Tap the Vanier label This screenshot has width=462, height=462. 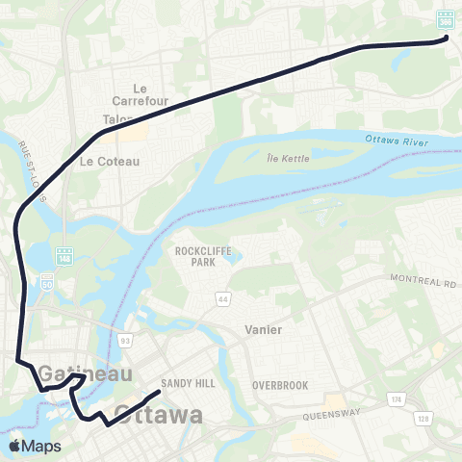click(x=264, y=329)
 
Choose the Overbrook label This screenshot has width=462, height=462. click(x=279, y=384)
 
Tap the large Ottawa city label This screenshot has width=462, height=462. click(x=160, y=415)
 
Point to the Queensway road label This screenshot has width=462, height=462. click(x=331, y=416)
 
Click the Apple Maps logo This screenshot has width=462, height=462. click(x=34, y=446)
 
